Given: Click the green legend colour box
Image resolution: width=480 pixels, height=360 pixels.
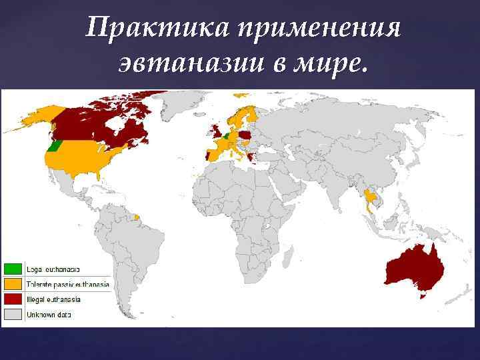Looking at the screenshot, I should click(x=13, y=269).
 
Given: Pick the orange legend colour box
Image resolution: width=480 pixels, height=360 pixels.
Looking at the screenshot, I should click(x=13, y=284).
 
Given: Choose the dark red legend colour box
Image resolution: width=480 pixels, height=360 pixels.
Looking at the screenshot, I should click(x=13, y=299).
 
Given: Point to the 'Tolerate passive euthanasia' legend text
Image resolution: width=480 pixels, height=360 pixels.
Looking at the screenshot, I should click(x=67, y=284).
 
